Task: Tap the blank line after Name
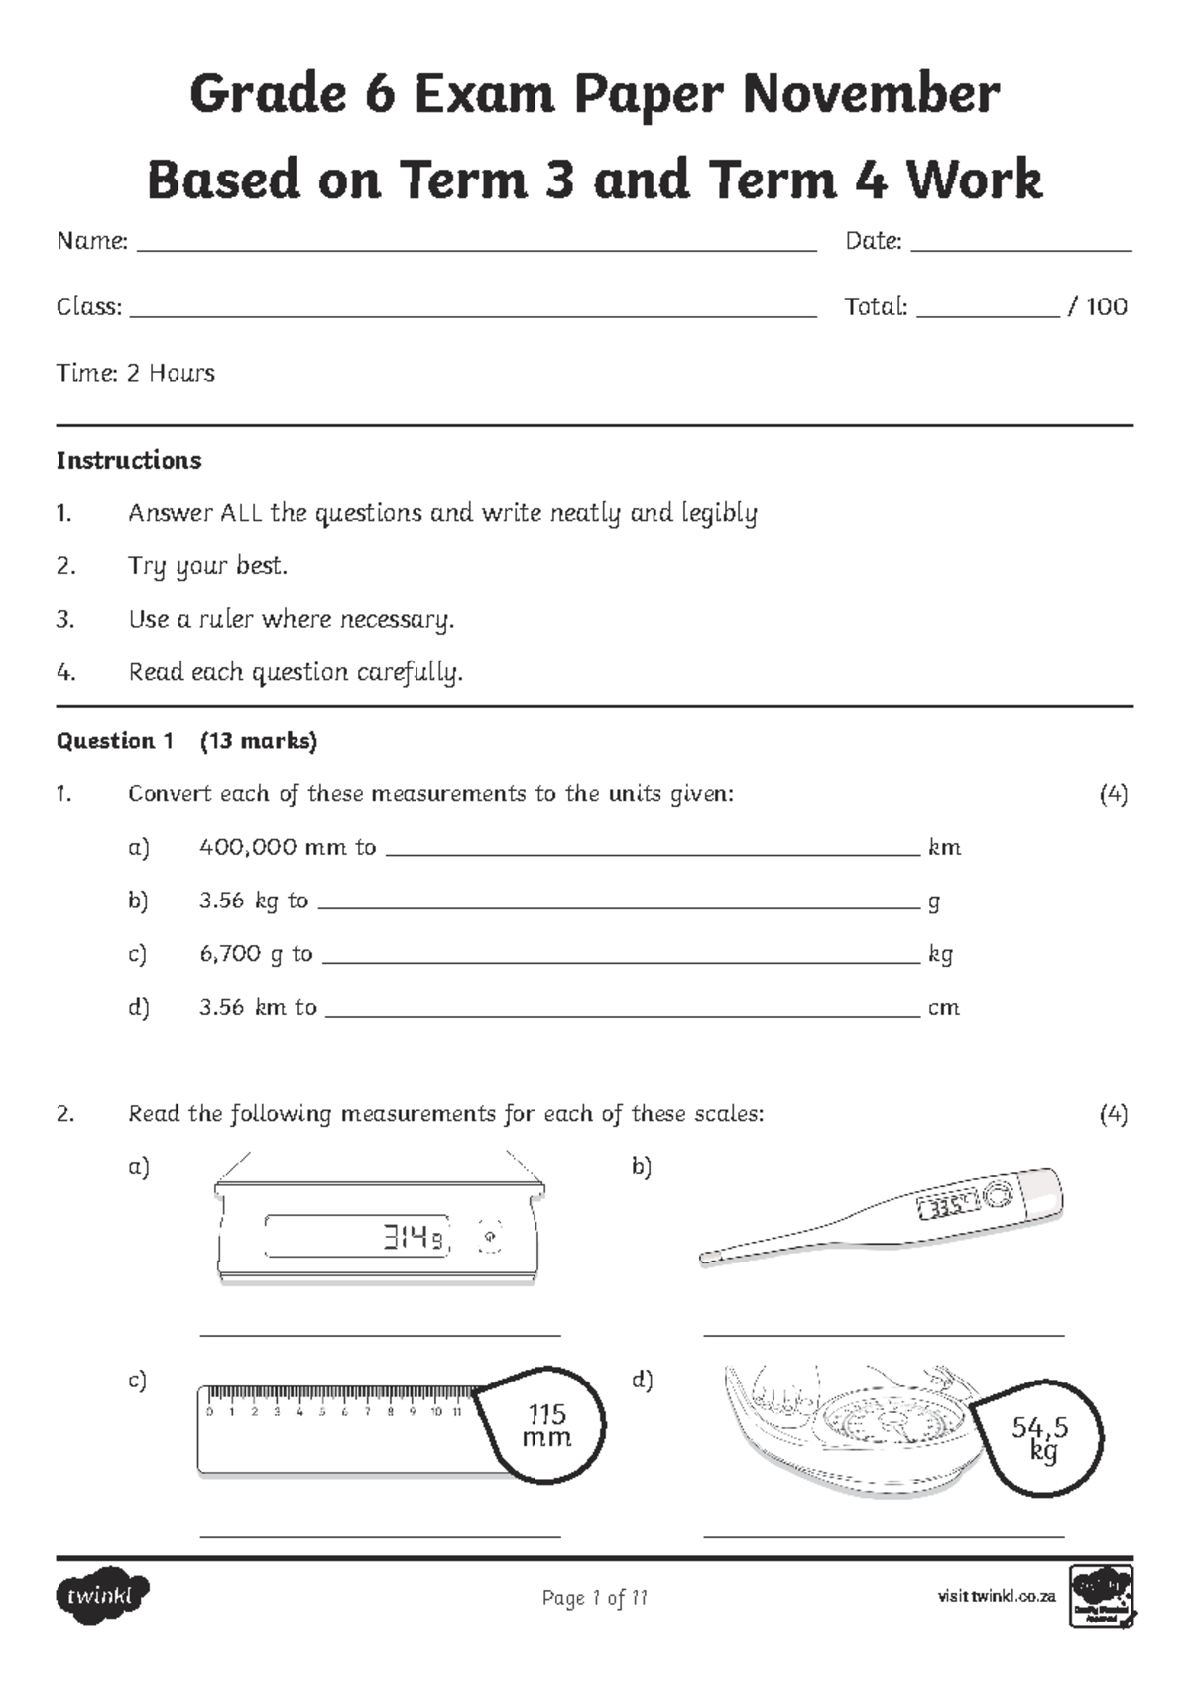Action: pyautogui.click(x=476, y=251)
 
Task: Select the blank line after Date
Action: pyautogui.click(x=1020, y=251)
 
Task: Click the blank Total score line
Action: pyautogui.click(x=988, y=315)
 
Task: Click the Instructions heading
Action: pyautogui.click(x=129, y=460)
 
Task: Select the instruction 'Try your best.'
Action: pyautogui.click(x=207, y=566)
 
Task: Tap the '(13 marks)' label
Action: pyautogui.click(x=258, y=741)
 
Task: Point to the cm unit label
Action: pyautogui.click(x=943, y=1008)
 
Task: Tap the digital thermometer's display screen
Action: pyautogui.click(x=948, y=1207)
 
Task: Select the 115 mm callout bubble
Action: pyautogui.click(x=547, y=1425)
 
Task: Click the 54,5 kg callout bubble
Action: pyautogui.click(x=1039, y=1437)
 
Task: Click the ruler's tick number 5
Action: pyautogui.click(x=322, y=1412)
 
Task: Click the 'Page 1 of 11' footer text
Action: pyautogui.click(x=594, y=1598)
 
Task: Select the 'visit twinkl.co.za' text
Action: pyautogui.click(x=996, y=1597)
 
